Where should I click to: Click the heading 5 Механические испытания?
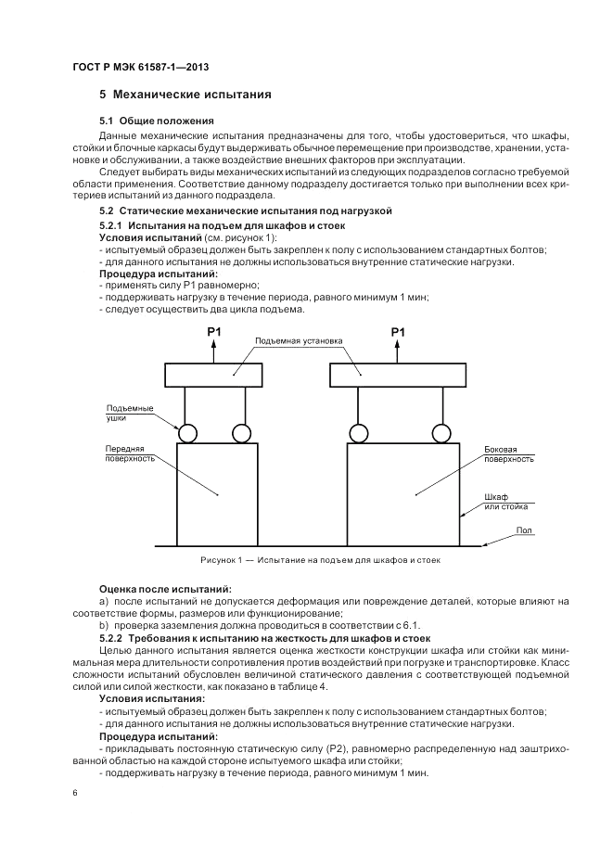[x=185, y=95]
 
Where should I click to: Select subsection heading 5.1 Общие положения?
[x=156, y=121]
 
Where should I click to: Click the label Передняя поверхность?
[x=129, y=453]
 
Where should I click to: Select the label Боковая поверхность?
[x=509, y=453]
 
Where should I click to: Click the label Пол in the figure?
[x=524, y=530]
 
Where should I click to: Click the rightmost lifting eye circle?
[x=443, y=433]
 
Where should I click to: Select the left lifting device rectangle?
[x=214, y=376]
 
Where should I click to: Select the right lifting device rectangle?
[x=399, y=376]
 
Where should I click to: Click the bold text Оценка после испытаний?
[x=165, y=588]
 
